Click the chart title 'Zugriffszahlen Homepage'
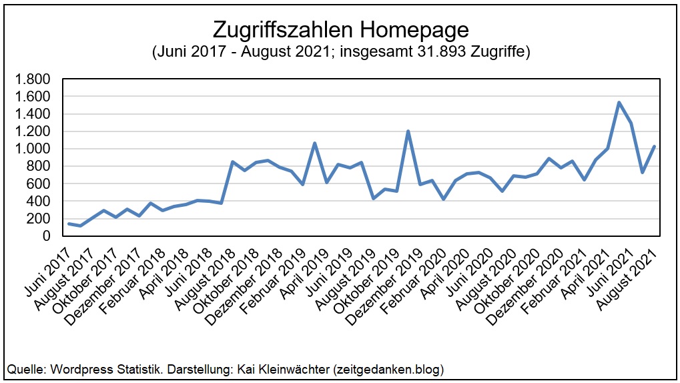coord(340,30)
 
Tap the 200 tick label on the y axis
coord(37,219)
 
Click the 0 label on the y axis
coord(46,236)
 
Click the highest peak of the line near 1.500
coord(619,102)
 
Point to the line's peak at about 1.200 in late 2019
coord(408,131)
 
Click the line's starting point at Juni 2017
coord(69,224)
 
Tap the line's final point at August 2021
coord(655,146)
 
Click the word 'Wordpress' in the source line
coord(75,369)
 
